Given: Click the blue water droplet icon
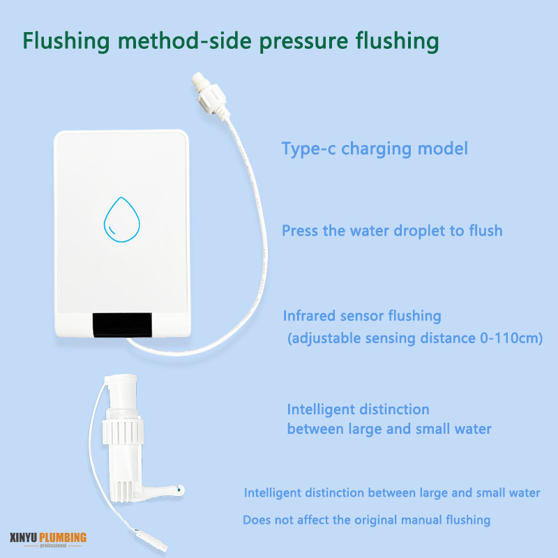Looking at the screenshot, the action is pos(121,220).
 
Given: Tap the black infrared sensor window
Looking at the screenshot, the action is pos(122,325).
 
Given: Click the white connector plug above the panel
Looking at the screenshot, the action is pos(210,93).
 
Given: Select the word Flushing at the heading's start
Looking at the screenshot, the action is pos(66,41).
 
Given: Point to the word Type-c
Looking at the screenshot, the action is pos(308,149).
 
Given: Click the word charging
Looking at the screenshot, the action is pos(376,149).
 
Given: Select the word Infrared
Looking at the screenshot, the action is pos(309,316).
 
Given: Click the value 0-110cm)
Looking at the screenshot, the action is pos(511,338).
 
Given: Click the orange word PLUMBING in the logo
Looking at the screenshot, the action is pos(63,537).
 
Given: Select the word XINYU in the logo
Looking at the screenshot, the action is pos(23,537).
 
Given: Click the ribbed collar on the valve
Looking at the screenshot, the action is pos(123,432).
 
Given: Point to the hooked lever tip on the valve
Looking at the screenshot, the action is pos(181,490).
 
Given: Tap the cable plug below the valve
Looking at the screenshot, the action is pos(151,539).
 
